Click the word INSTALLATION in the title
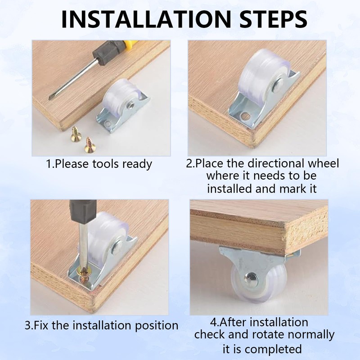click(146, 19)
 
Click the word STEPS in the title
click(273, 19)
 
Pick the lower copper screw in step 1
click(89, 145)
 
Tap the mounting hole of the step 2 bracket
click(246, 116)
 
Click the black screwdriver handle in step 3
click(83, 211)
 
